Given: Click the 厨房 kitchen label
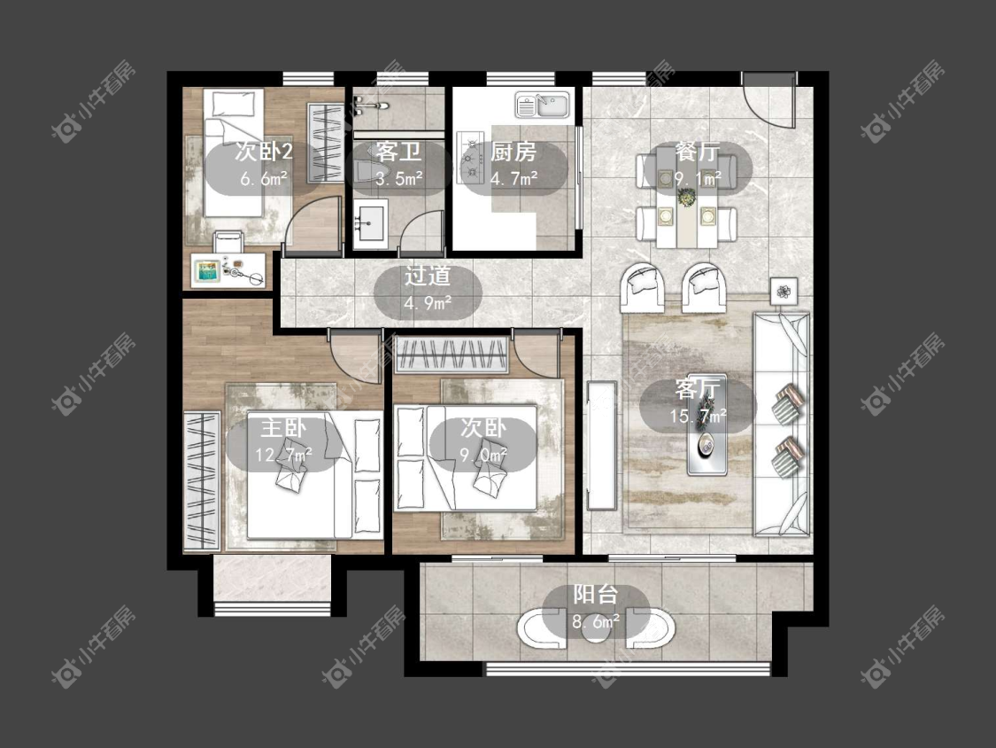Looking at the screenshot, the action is pyautogui.click(x=513, y=152).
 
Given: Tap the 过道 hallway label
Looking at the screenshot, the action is pyautogui.click(x=428, y=276).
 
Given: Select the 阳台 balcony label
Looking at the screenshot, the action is pyautogui.click(x=595, y=594).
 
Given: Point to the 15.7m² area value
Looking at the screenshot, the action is pyautogui.click(x=699, y=416).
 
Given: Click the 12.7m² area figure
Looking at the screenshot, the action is pyautogui.click(x=283, y=454).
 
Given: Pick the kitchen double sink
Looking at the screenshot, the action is pyautogui.click(x=543, y=105).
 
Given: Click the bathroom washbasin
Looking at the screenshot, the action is pyautogui.click(x=370, y=222).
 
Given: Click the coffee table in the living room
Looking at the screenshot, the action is pyautogui.click(x=707, y=425).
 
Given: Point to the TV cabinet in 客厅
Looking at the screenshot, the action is pyautogui.click(x=601, y=445).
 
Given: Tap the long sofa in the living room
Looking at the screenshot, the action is pyautogui.click(x=781, y=424).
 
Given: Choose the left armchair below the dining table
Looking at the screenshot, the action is pyautogui.click(x=644, y=287).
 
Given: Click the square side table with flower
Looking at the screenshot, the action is pyautogui.click(x=784, y=292).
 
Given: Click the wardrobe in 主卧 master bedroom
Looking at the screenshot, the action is pyautogui.click(x=202, y=481).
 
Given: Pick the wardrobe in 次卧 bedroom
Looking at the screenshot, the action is pyautogui.click(x=451, y=355).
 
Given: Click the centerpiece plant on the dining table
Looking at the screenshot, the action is pyautogui.click(x=687, y=199).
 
